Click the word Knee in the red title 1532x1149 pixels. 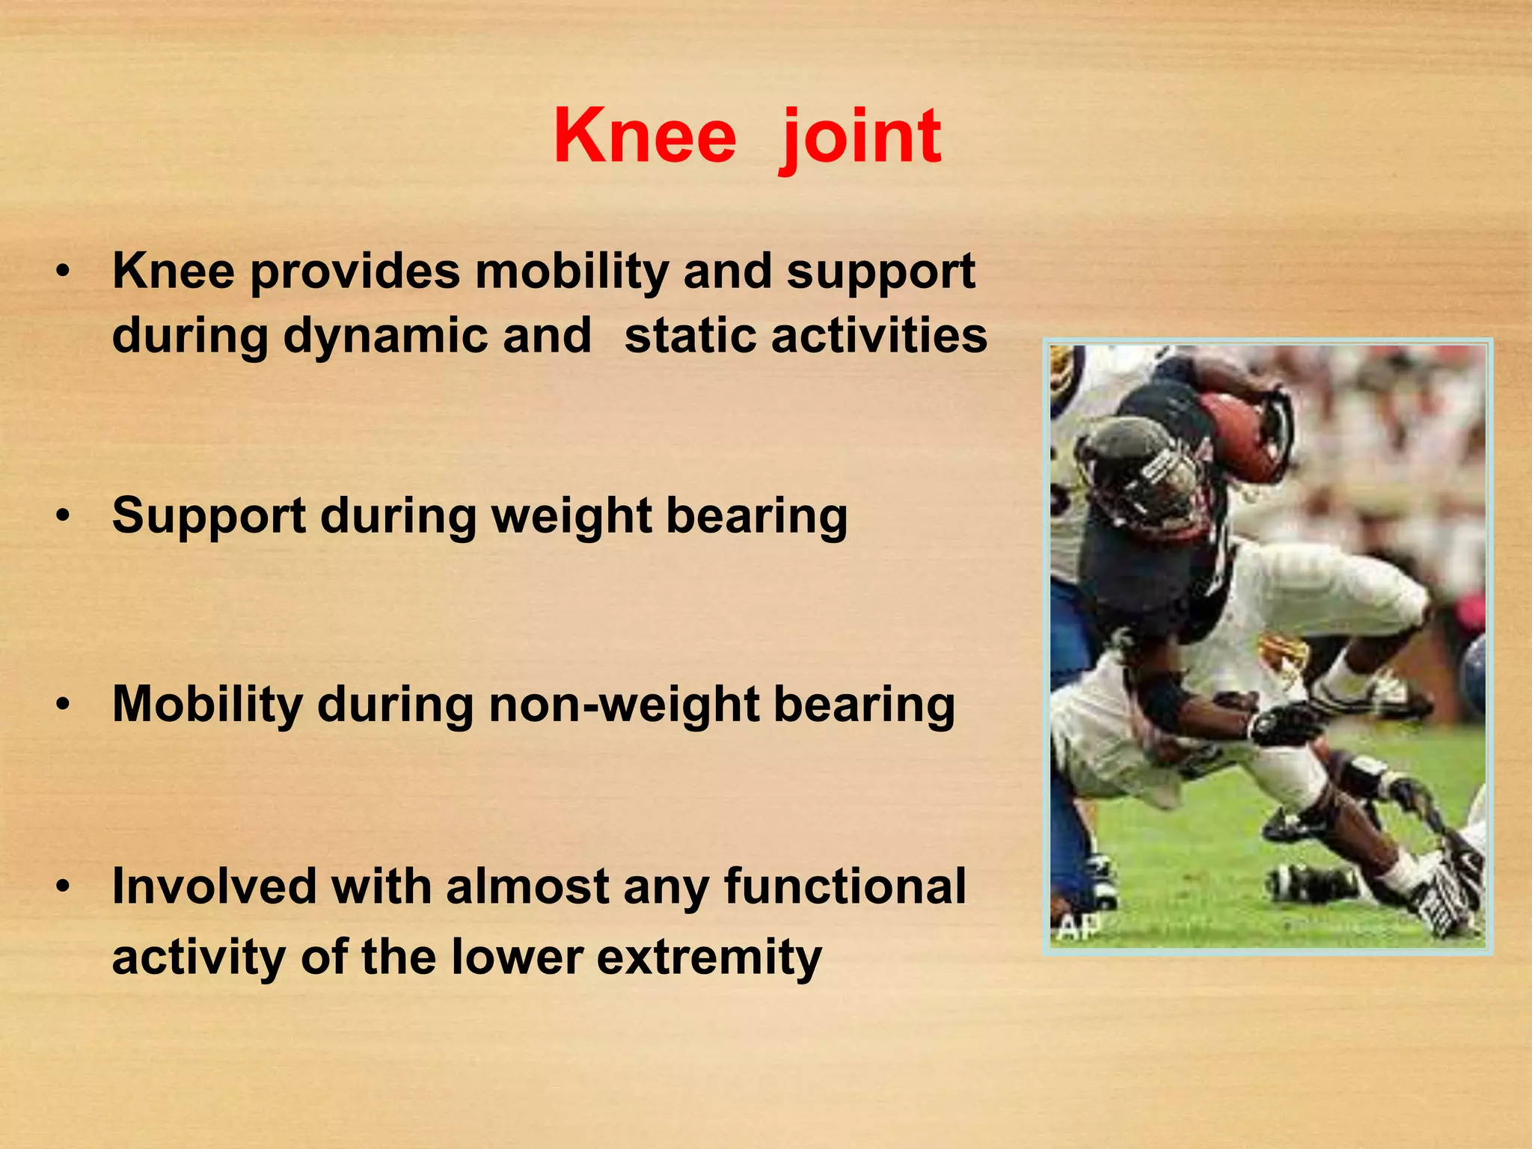(x=645, y=137)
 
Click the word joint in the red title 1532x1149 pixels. (x=860, y=137)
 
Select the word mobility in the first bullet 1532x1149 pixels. (x=572, y=271)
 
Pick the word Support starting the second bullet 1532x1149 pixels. (x=209, y=516)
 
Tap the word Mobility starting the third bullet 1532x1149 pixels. (x=207, y=705)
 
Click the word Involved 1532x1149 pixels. (x=214, y=887)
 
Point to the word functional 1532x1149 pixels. (x=845, y=887)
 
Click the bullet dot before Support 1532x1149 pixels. (x=65, y=517)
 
